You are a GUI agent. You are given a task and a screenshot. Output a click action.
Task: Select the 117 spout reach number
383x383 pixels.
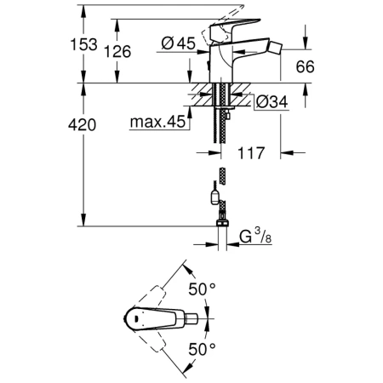click(x=252, y=154)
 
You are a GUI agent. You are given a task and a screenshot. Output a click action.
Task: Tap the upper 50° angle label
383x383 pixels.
click(x=203, y=289)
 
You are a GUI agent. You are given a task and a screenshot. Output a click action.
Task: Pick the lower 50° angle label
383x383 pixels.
click(x=203, y=349)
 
